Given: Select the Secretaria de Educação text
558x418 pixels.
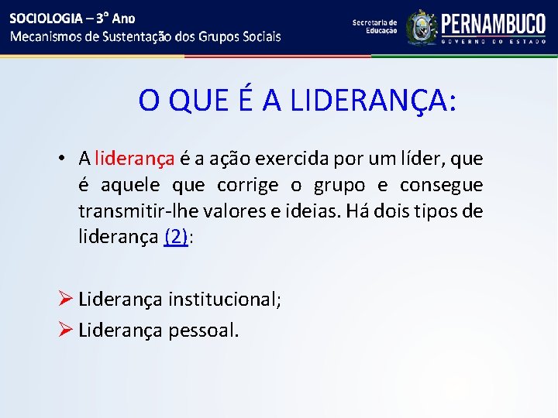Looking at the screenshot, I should click(374, 26).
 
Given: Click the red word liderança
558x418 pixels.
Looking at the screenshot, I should click(134, 159).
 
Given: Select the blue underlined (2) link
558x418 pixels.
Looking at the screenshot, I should click(176, 238).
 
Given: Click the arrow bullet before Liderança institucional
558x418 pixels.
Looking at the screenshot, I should click(66, 300).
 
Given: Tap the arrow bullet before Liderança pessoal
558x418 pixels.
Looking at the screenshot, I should click(66, 331).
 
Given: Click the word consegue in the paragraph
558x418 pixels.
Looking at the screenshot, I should click(441, 185).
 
